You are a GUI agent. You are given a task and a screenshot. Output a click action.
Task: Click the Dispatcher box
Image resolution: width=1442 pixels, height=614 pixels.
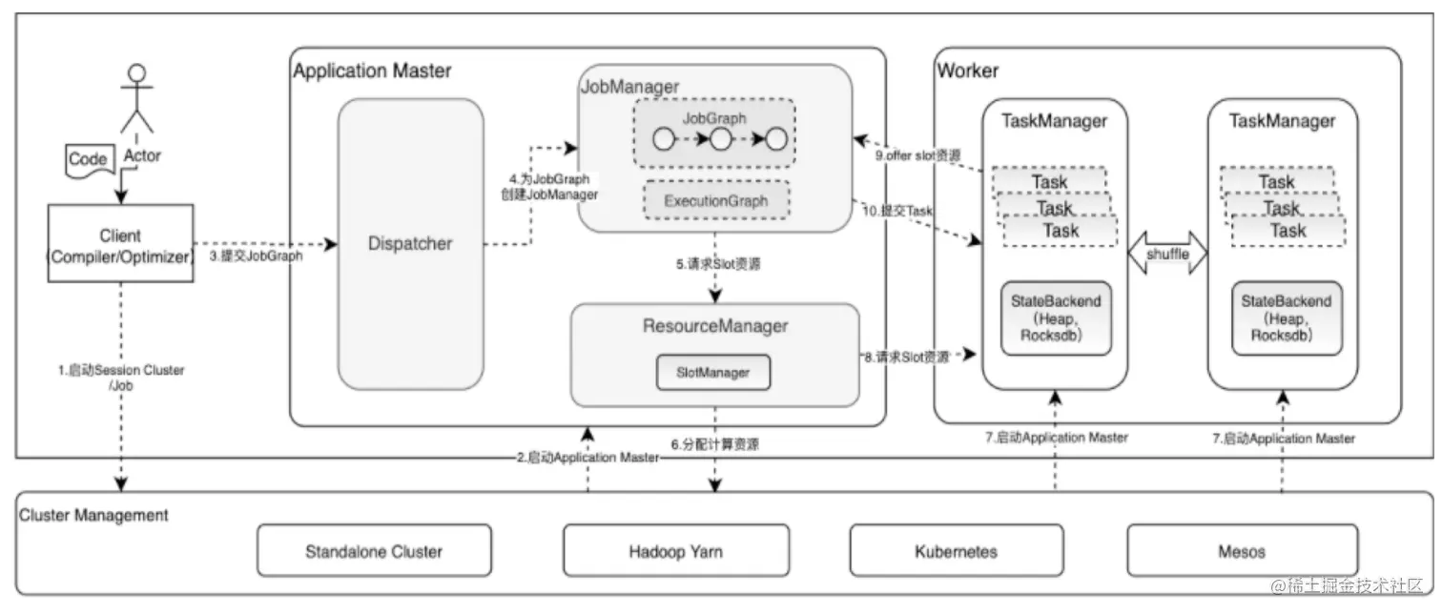pos(411,244)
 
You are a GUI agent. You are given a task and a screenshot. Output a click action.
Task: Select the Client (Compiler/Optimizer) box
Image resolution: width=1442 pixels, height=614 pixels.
pos(120,245)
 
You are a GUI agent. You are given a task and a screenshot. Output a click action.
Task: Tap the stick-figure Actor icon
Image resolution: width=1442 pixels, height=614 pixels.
pos(138,99)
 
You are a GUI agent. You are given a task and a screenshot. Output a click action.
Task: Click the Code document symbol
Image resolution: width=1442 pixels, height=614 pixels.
pos(89,160)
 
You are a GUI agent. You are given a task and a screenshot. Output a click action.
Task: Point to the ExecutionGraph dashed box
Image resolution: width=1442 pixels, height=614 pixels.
pos(714,201)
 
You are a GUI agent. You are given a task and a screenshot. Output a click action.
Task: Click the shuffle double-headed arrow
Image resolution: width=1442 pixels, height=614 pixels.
pos(1167,254)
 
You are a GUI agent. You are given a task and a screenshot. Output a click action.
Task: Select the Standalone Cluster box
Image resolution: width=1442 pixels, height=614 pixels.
pos(374,551)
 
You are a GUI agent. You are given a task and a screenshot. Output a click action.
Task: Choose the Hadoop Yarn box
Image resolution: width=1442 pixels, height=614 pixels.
pos(675,551)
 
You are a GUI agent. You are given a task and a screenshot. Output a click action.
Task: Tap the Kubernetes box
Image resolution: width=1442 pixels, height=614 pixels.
pos(956,551)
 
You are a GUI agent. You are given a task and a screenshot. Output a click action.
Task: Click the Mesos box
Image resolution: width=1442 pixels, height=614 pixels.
pos(1242,551)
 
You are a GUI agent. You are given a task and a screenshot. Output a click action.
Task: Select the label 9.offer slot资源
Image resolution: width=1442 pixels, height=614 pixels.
pos(917,154)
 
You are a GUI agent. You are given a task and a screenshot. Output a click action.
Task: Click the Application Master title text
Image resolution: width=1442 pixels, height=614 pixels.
pos(373,71)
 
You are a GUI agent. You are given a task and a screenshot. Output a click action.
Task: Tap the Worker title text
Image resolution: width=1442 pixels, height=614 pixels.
pos(968,71)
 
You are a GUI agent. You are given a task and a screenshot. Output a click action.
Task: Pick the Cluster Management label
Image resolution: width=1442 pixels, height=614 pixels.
pos(94,515)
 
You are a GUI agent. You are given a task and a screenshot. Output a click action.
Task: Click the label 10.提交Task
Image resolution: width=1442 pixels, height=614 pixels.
pos(898,210)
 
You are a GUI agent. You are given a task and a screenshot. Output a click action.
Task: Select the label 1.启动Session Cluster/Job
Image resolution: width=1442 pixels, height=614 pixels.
pos(120,377)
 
